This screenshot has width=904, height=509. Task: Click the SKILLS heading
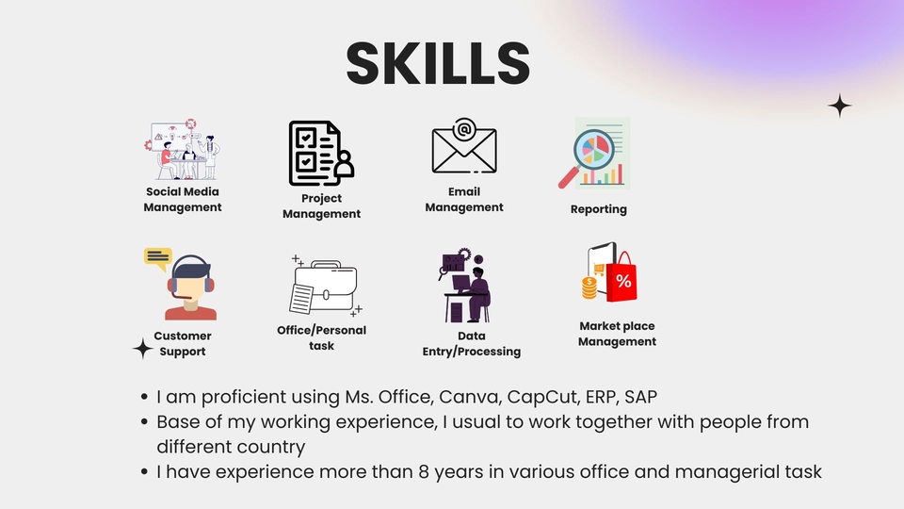pyautogui.click(x=438, y=63)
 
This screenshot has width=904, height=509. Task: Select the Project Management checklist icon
pyautogui.click(x=320, y=152)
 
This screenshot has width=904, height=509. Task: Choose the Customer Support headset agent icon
pyautogui.click(x=189, y=288)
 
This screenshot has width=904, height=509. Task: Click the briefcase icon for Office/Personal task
pyautogui.click(x=326, y=285)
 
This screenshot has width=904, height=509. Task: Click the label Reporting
pyautogui.click(x=598, y=209)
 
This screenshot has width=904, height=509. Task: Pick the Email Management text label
pyautogui.click(x=463, y=199)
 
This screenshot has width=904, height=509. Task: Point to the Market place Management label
pyautogui.click(x=617, y=334)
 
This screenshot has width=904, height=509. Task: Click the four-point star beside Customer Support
pyautogui.click(x=142, y=349)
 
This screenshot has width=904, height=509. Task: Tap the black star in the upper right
pyautogui.click(x=839, y=106)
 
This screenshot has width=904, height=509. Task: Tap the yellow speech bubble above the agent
pyautogui.click(x=157, y=255)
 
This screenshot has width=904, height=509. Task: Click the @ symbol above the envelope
pyautogui.click(x=463, y=128)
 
